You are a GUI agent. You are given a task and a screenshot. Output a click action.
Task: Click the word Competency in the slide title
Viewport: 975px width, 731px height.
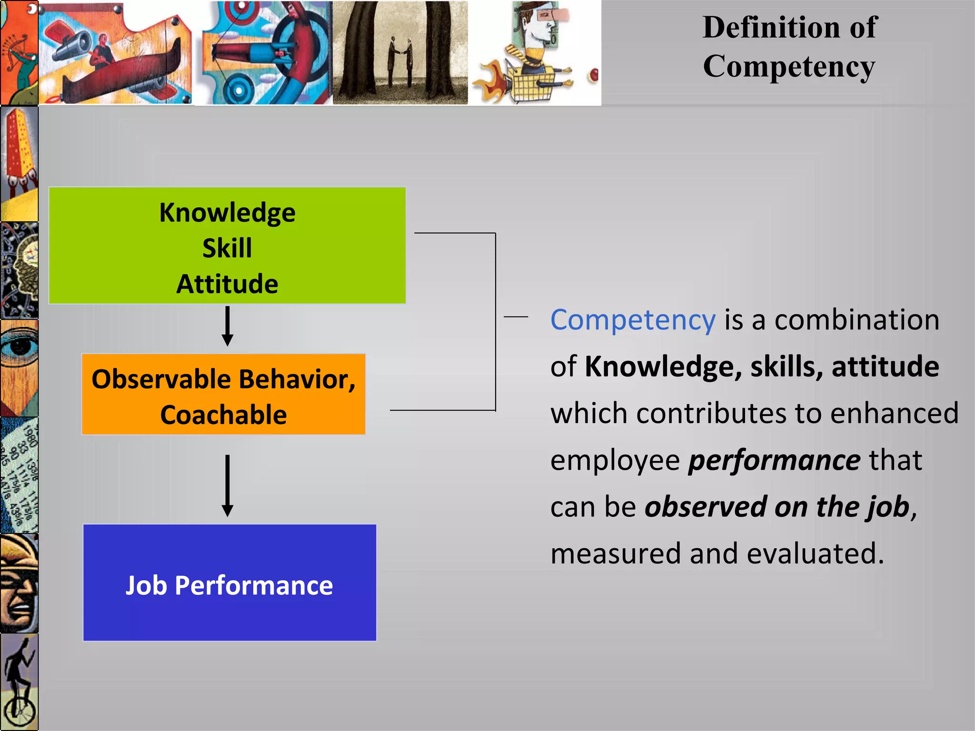[789, 66]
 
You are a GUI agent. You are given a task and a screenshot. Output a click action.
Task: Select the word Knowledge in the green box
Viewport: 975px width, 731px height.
[227, 213]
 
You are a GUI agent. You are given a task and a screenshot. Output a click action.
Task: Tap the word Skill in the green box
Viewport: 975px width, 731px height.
[227, 248]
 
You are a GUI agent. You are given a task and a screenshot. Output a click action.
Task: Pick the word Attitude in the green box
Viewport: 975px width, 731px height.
[227, 284]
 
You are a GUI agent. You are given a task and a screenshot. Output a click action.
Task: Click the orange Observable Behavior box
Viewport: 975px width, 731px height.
[223, 394]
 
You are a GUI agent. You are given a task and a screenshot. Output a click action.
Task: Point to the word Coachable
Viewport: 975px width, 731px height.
[223, 415]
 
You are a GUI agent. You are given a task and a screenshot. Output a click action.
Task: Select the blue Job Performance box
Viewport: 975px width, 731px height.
[229, 583]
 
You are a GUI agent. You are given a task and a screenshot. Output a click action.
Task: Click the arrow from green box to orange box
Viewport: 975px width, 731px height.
[228, 326]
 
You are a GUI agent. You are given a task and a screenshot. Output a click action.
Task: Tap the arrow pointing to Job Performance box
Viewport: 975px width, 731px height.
[228, 485]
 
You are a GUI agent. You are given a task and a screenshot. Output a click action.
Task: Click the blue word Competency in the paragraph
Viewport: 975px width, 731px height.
[633, 320]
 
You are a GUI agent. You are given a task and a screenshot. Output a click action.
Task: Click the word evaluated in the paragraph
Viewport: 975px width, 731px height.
[815, 554]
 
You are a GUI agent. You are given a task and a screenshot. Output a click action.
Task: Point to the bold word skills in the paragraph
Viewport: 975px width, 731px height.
[786, 366]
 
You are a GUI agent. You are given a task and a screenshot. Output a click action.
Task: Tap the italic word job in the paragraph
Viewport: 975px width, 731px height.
[888, 507]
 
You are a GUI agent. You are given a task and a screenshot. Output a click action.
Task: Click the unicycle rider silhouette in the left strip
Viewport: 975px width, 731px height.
[20, 681]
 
